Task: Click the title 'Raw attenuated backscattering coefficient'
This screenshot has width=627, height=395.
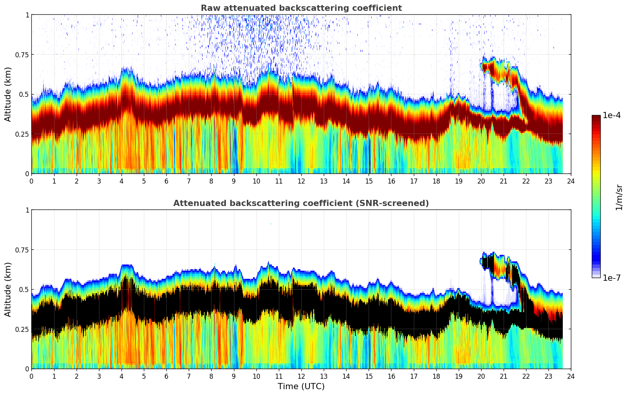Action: click(301, 8)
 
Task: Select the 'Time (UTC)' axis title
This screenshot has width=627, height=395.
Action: click(301, 386)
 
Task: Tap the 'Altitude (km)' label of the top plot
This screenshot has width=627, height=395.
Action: click(8, 94)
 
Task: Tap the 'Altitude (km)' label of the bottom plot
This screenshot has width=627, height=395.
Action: click(8, 289)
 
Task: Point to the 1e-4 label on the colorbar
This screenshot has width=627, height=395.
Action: click(612, 115)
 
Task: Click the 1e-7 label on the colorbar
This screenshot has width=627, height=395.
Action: click(612, 278)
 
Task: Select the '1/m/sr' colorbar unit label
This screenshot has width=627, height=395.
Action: click(618, 197)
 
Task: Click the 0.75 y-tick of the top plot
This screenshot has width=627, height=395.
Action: click(22, 55)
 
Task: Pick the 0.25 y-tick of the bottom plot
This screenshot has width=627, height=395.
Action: click(22, 329)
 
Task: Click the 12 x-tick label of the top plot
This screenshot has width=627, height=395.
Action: click(301, 181)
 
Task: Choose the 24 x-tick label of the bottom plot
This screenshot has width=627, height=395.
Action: click(571, 376)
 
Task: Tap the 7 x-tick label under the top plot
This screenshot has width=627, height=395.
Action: click(189, 181)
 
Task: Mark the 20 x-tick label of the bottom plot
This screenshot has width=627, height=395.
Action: click(481, 376)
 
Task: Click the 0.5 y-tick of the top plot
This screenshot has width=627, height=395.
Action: click(24, 94)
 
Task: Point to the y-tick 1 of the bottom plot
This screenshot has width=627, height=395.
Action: click(27, 210)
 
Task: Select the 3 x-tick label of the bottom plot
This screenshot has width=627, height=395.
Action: click(99, 376)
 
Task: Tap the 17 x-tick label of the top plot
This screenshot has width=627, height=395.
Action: click(413, 181)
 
